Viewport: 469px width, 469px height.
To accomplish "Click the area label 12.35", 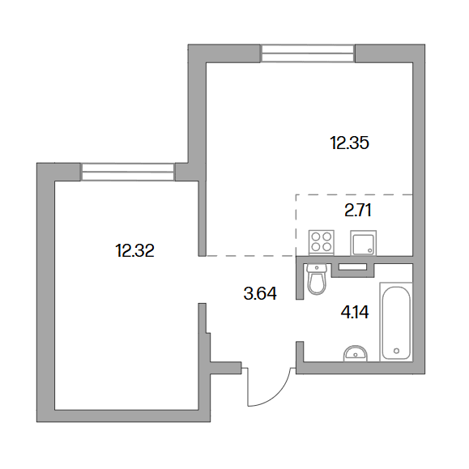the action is coord(349,143).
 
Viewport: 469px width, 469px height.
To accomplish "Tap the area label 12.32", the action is coord(134,250).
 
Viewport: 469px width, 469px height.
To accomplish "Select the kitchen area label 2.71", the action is coord(358,211).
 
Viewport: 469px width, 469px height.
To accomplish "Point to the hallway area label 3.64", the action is coord(260,293).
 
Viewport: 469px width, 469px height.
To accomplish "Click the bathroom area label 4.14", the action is coord(355,313).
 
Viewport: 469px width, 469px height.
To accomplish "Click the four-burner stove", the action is coord(322,242).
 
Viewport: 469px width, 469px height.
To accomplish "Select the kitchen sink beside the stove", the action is coord(363,243).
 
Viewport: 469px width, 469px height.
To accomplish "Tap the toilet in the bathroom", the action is coord(317,279).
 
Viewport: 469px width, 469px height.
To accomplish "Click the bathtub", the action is coord(396,322).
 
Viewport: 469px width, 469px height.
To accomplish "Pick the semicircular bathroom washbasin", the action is coord(356,354).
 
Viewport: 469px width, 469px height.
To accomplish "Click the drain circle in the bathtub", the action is coord(397,351).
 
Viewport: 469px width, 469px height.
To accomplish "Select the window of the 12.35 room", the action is coord(307,53).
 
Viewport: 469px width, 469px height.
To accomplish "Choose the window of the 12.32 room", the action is coord(128,172).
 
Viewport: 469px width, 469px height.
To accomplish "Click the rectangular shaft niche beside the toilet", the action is coord(352,267).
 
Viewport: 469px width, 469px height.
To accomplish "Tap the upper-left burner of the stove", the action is coord(316,237).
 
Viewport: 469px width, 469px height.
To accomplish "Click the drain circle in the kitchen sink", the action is coord(370,250).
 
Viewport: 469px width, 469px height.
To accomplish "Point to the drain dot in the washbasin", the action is coord(356,355).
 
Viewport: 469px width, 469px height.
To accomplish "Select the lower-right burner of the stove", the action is coord(327,247).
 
